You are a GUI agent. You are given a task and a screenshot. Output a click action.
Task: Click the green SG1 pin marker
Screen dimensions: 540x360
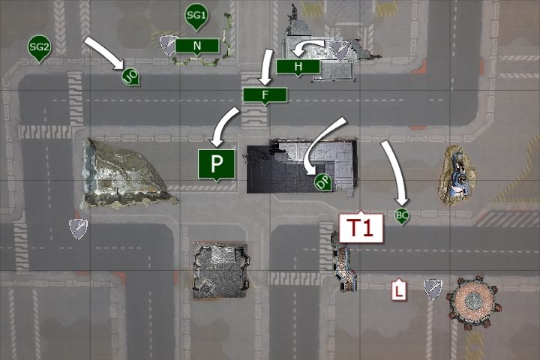(196, 16)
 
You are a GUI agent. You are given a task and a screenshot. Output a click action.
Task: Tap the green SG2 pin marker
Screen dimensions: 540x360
(39, 47)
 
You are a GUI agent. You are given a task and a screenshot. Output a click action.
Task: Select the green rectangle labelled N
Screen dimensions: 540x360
(197, 46)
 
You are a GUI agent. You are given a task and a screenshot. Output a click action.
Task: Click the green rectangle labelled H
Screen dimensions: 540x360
(298, 67)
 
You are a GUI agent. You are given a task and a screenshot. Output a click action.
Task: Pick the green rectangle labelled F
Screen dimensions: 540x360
(265, 95)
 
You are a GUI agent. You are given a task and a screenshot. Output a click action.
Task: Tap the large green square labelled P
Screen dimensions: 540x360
(216, 165)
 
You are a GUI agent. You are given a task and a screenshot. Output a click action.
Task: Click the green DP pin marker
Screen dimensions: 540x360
(323, 182)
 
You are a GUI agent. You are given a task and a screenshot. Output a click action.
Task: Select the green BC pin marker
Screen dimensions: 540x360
(401, 216)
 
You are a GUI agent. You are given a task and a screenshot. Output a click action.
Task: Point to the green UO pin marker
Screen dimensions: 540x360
(130, 76)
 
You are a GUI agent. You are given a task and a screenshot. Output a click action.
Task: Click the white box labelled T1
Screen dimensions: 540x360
(361, 227)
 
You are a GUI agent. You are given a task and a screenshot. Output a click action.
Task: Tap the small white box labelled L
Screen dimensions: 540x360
(399, 290)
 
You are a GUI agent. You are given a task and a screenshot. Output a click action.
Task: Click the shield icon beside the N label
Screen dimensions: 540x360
(169, 45)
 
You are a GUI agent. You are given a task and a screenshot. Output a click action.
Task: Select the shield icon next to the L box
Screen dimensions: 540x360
(433, 289)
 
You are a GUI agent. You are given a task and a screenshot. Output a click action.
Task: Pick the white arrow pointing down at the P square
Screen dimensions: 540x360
(223, 127)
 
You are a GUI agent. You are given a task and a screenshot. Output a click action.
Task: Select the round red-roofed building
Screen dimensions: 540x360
(472, 301)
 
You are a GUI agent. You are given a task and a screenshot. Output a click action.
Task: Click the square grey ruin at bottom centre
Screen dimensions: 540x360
(220, 270)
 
